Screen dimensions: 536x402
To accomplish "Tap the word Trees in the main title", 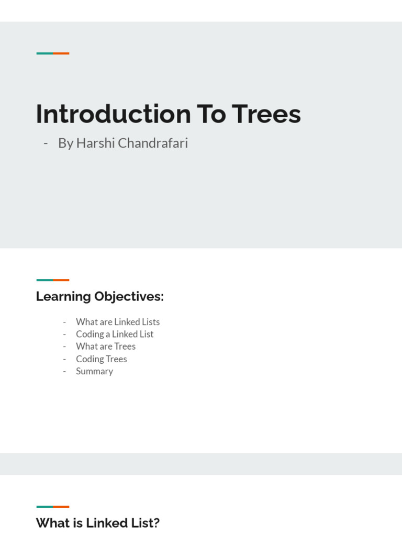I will [266, 114].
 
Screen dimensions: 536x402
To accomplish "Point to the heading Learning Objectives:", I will [99, 296].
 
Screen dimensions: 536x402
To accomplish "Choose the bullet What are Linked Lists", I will [118, 322].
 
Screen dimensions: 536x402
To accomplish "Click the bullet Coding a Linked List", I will [115, 334].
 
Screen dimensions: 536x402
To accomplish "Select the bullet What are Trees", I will [106, 346].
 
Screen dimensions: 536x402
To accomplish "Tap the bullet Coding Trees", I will [102, 359].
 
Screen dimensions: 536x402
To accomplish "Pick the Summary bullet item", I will [94, 371].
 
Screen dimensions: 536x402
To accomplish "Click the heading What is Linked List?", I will [97, 523].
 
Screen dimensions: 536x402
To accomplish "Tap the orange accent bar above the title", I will [61, 53].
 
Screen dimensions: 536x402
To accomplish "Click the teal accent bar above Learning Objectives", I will [44, 280].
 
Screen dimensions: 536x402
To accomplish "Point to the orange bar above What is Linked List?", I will [61, 507].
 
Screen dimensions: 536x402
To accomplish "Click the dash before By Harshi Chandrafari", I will [46, 143].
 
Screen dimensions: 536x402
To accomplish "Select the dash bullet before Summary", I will [64, 371].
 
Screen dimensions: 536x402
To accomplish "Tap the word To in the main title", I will [211, 114].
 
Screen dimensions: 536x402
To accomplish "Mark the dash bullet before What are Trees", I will [64, 346].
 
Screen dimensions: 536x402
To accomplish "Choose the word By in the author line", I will [65, 143].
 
